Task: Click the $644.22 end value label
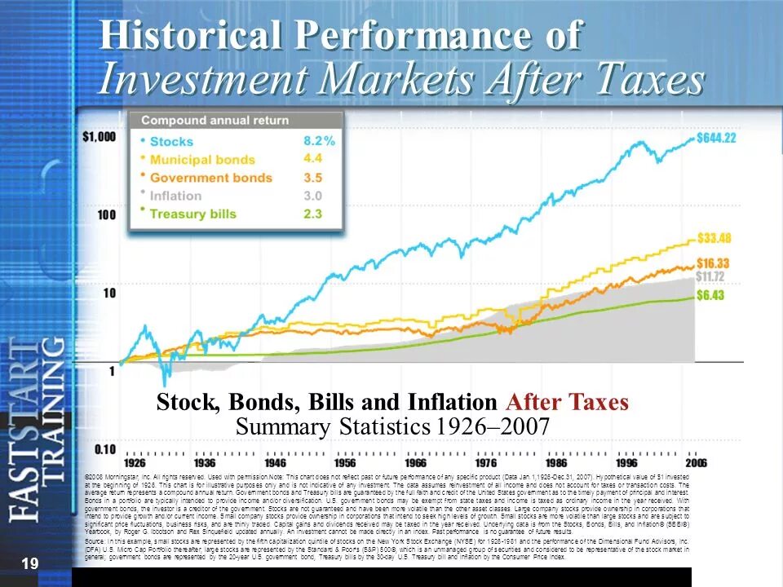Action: pos(718,138)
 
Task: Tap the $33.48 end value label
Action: pos(714,238)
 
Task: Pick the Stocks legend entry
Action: pos(171,142)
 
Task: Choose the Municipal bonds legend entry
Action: pos(203,160)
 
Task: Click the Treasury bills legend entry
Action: pos(193,214)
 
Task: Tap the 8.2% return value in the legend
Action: pos(319,141)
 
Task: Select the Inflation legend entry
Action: pos(175,196)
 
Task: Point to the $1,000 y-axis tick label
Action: pos(99,137)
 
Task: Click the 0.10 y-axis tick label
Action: pos(103,448)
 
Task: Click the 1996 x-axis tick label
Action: pos(626,461)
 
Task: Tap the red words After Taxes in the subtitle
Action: pos(568,403)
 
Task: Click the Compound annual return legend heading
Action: pos(215,121)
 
